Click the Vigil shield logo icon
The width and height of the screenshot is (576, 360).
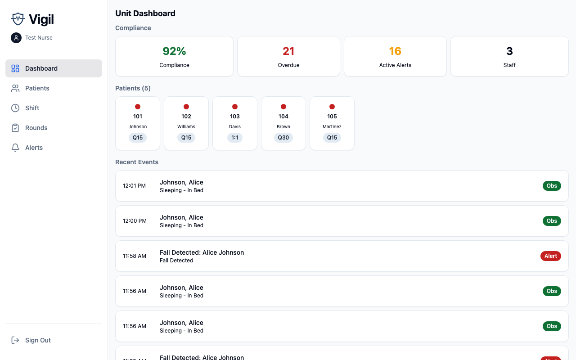pyautogui.click(x=18, y=19)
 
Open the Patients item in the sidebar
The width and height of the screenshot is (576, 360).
pyautogui.click(x=37, y=88)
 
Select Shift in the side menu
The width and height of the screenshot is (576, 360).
pyautogui.click(x=32, y=108)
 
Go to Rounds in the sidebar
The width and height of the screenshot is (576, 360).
pyautogui.click(x=36, y=128)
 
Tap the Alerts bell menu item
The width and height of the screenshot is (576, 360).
pyautogui.click(x=34, y=148)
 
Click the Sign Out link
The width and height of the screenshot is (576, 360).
pyautogui.click(x=38, y=340)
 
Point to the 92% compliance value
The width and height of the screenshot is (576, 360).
pyautogui.click(x=174, y=51)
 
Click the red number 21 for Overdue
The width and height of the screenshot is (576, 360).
pyautogui.click(x=288, y=51)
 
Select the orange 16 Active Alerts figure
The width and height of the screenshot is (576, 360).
pyautogui.click(x=395, y=51)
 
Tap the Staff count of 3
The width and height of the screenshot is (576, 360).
pyautogui.click(x=509, y=51)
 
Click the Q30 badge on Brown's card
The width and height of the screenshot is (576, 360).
pyautogui.click(x=283, y=138)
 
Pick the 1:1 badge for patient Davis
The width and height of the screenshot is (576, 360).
pyautogui.click(x=235, y=138)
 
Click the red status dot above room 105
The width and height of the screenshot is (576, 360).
pyautogui.click(x=332, y=107)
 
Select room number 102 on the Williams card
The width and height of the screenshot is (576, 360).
pyautogui.click(x=186, y=117)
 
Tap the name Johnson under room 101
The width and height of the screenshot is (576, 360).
pyautogui.click(x=138, y=127)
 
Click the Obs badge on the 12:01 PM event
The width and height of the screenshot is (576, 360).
pyautogui.click(x=552, y=186)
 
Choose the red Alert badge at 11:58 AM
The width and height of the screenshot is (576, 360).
pyautogui.click(x=551, y=256)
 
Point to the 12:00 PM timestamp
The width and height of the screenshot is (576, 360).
pyautogui.click(x=135, y=221)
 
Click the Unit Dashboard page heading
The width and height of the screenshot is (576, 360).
pyautogui.click(x=145, y=13)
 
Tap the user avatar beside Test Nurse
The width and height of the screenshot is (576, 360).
pyautogui.click(x=16, y=38)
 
